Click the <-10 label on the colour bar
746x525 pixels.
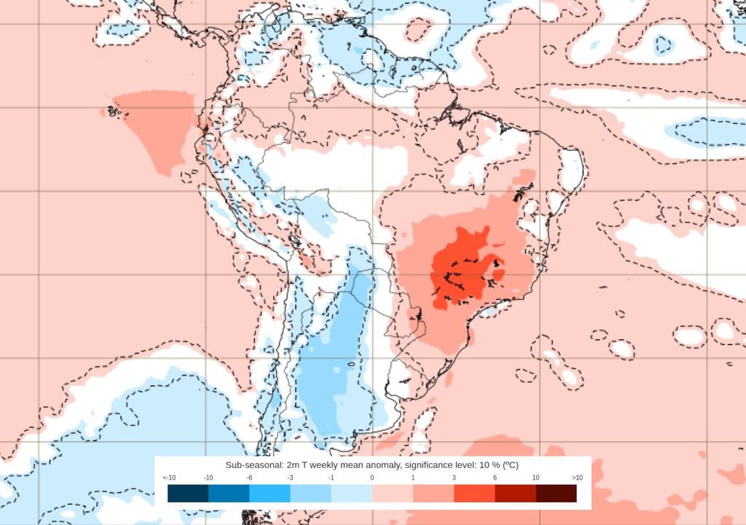(x=169, y=478)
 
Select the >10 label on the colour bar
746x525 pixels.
(x=576, y=478)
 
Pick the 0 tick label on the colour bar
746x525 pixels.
(x=372, y=478)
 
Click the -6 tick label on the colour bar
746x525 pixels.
(x=250, y=478)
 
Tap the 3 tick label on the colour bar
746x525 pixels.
(x=454, y=478)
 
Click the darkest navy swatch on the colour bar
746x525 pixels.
(x=188, y=494)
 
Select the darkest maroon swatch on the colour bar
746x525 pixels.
(x=556, y=494)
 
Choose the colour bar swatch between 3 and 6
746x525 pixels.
(x=474, y=494)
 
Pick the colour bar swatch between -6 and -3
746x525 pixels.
(x=270, y=494)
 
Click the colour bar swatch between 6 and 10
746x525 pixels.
(x=515, y=494)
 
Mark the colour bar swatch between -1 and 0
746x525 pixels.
(x=352, y=494)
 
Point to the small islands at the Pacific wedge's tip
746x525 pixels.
(x=111, y=111)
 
